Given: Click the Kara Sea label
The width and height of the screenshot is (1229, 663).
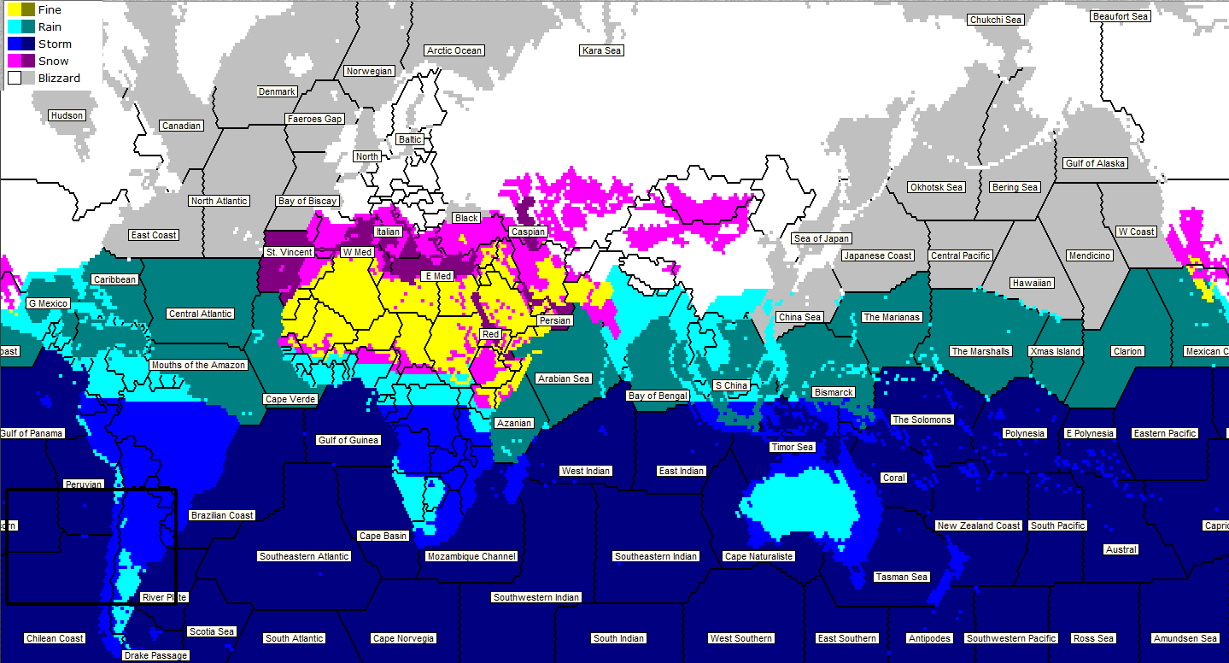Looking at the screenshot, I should click(601, 50).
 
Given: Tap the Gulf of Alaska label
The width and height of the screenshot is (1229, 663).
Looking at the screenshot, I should click(1095, 163).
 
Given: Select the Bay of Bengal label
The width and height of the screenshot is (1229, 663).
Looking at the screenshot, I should click(658, 396).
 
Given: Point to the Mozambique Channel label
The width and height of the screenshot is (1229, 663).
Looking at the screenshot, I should click(471, 556).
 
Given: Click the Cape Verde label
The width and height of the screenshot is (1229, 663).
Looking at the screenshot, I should click(290, 399).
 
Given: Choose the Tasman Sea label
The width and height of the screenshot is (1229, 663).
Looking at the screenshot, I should click(901, 577).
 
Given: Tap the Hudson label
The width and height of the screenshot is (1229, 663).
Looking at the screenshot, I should click(67, 115).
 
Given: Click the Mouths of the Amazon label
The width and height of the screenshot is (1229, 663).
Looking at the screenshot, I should click(198, 365).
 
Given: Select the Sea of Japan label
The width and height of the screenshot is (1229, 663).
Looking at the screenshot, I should click(821, 238).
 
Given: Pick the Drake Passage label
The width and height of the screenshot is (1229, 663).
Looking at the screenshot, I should click(155, 655).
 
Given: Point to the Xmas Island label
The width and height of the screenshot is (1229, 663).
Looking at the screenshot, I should click(1056, 351).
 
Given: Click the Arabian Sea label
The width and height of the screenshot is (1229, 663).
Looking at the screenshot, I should click(563, 378).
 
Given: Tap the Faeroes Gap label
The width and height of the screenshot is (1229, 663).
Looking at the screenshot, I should click(314, 119).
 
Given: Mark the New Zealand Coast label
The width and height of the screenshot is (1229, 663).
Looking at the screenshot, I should click(978, 525).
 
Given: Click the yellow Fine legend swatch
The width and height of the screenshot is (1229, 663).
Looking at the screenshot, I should click(15, 10).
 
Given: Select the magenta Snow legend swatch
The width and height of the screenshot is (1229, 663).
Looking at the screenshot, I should click(15, 62).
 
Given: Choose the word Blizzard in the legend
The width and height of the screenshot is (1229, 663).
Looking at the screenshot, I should click(59, 79).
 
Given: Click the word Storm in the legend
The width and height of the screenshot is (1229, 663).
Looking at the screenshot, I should click(55, 44).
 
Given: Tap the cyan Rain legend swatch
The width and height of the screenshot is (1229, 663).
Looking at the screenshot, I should click(15, 27).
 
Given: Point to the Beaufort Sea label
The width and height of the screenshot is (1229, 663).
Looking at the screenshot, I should click(1121, 16).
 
